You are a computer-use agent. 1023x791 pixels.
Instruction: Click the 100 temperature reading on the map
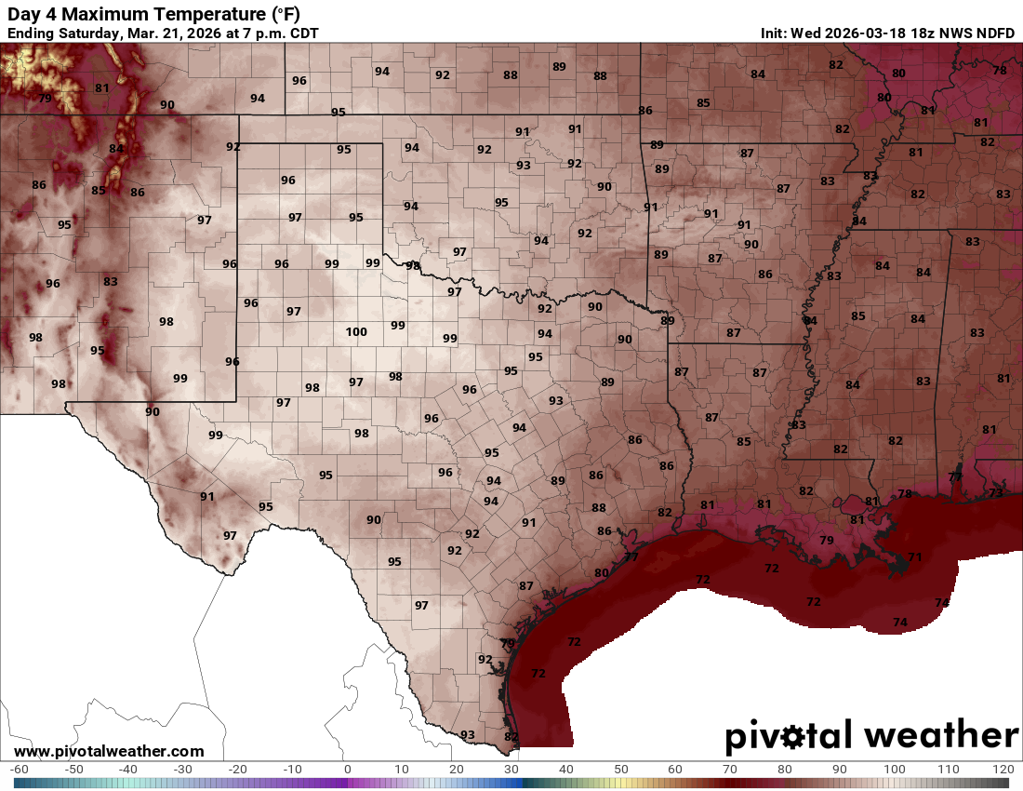[x=356, y=332]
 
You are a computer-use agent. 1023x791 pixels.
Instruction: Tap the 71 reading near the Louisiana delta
[x=914, y=557]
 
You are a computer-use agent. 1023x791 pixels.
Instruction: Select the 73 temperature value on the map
[x=996, y=492]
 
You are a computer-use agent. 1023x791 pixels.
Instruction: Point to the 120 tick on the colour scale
[x=1003, y=770]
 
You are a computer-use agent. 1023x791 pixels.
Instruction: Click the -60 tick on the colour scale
[x=19, y=770]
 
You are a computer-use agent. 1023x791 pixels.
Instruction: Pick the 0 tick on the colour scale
[x=347, y=770]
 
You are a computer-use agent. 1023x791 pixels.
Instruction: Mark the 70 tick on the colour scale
[x=729, y=770]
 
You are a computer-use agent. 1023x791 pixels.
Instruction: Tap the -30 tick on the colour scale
[x=183, y=770]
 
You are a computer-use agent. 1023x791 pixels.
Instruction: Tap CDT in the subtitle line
[x=302, y=34]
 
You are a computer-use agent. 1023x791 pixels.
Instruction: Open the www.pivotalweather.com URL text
[x=109, y=751]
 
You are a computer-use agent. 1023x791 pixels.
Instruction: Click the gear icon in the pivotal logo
[x=793, y=737]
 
